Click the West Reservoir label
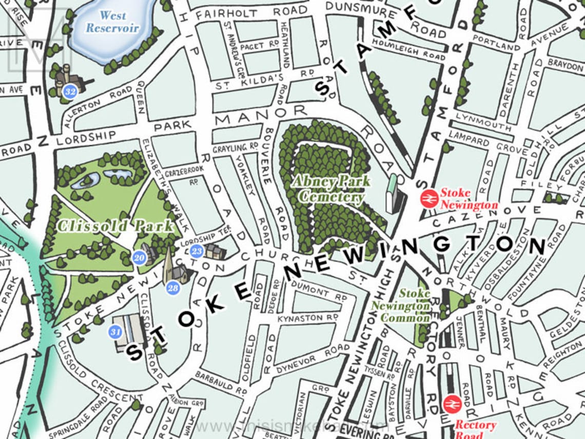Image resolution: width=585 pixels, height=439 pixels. click(x=112, y=22)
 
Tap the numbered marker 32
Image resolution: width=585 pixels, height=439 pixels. click(x=70, y=92)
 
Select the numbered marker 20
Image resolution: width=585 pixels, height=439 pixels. click(x=139, y=258)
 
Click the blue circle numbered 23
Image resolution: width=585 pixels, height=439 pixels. click(x=197, y=251)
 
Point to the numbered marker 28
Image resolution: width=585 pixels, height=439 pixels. click(x=173, y=288)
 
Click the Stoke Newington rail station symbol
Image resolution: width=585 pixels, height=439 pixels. click(x=428, y=199)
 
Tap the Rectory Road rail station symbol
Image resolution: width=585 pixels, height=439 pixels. click(x=452, y=404)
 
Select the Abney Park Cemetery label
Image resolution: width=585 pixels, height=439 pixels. click(x=331, y=189)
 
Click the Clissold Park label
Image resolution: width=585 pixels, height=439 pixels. click(x=115, y=226)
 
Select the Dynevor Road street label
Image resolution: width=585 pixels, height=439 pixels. click(x=313, y=358)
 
